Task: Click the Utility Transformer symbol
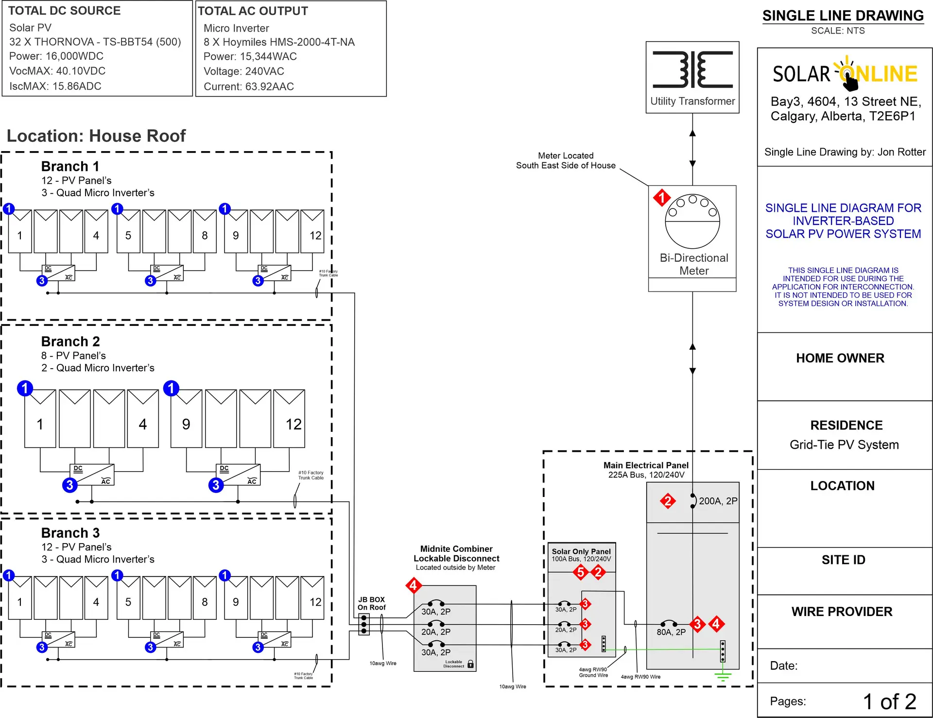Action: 692,69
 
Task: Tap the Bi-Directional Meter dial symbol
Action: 692,222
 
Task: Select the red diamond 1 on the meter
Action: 661,198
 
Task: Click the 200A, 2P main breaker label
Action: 718,501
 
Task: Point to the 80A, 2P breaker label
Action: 671,632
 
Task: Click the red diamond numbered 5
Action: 580,572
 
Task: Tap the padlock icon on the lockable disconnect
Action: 470,664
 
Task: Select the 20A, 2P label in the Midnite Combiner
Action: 436,632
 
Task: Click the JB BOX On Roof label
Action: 372,603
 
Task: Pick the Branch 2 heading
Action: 70,342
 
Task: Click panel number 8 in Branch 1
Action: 205,236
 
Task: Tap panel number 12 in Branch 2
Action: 294,425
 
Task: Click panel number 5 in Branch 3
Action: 128,602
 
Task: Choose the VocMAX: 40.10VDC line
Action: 57,71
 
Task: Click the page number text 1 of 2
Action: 889,701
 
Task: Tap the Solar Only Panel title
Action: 581,551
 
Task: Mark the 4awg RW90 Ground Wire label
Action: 593,672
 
